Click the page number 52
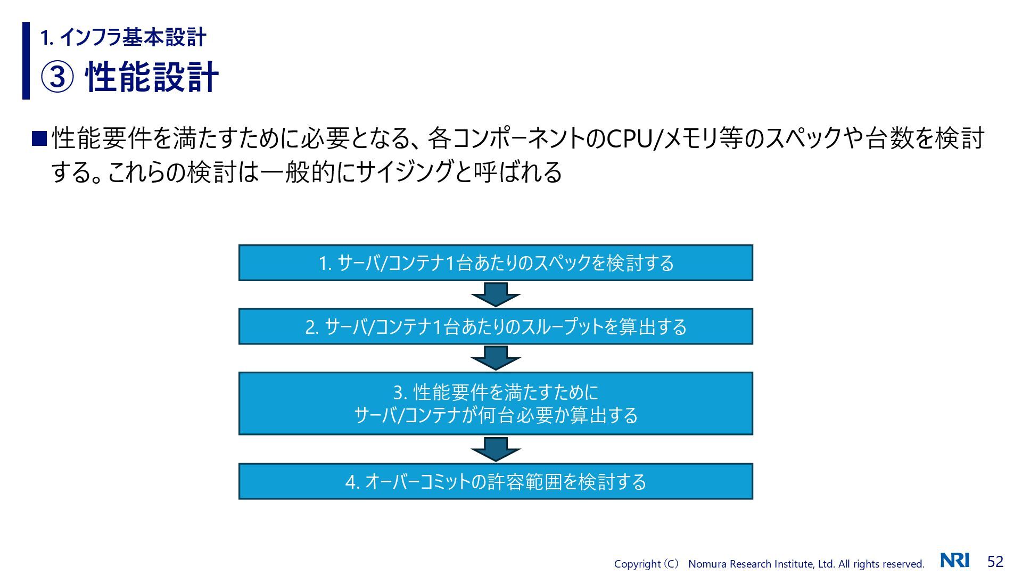995,561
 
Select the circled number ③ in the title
57,77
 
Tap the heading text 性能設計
152,77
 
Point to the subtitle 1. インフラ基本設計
123,37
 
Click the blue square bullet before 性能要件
39,138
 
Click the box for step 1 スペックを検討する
496,262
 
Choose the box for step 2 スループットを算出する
496,326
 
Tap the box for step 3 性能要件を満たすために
496,404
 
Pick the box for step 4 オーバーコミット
496,481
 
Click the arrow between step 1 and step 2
496,294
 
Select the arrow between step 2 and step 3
496,358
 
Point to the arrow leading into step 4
496,449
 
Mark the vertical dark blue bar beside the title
26,61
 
